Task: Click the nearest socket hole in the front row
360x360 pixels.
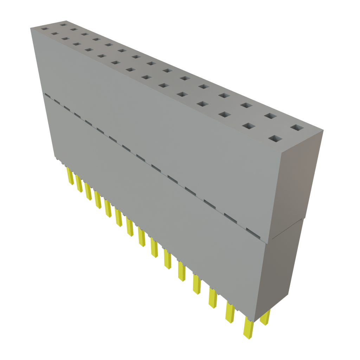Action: (x=275, y=139)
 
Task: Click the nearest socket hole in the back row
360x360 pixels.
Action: (x=297, y=128)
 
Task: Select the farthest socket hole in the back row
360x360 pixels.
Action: (x=64, y=25)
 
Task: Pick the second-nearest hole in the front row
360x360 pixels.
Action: (x=249, y=126)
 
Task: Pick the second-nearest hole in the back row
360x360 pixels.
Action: (x=270, y=116)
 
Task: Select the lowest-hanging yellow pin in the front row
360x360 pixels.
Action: (x=248, y=329)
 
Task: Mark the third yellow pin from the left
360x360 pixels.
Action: (x=88, y=192)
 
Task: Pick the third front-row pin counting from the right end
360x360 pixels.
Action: (x=213, y=298)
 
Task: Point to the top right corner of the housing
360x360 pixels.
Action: (x=323, y=131)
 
